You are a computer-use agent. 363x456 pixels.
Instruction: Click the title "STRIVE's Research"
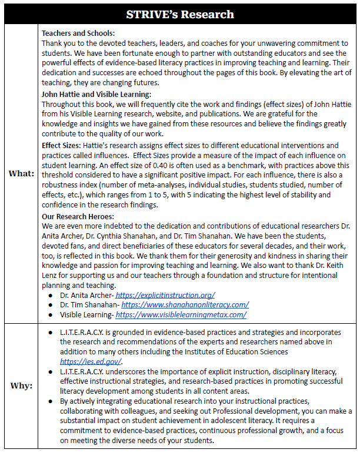(181, 14)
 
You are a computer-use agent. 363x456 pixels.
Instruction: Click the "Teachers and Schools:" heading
(78, 33)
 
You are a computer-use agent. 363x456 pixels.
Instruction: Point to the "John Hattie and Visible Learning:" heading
(96, 94)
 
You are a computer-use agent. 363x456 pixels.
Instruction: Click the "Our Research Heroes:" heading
(76, 216)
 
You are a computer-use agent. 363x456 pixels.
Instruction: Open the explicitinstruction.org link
(165, 294)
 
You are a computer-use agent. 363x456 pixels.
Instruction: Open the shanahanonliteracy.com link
(185, 304)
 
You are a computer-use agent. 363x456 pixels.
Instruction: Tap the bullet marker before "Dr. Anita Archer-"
(52, 294)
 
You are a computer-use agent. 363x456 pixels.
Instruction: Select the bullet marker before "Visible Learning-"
(52, 314)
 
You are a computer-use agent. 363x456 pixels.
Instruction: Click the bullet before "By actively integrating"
(52, 401)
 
